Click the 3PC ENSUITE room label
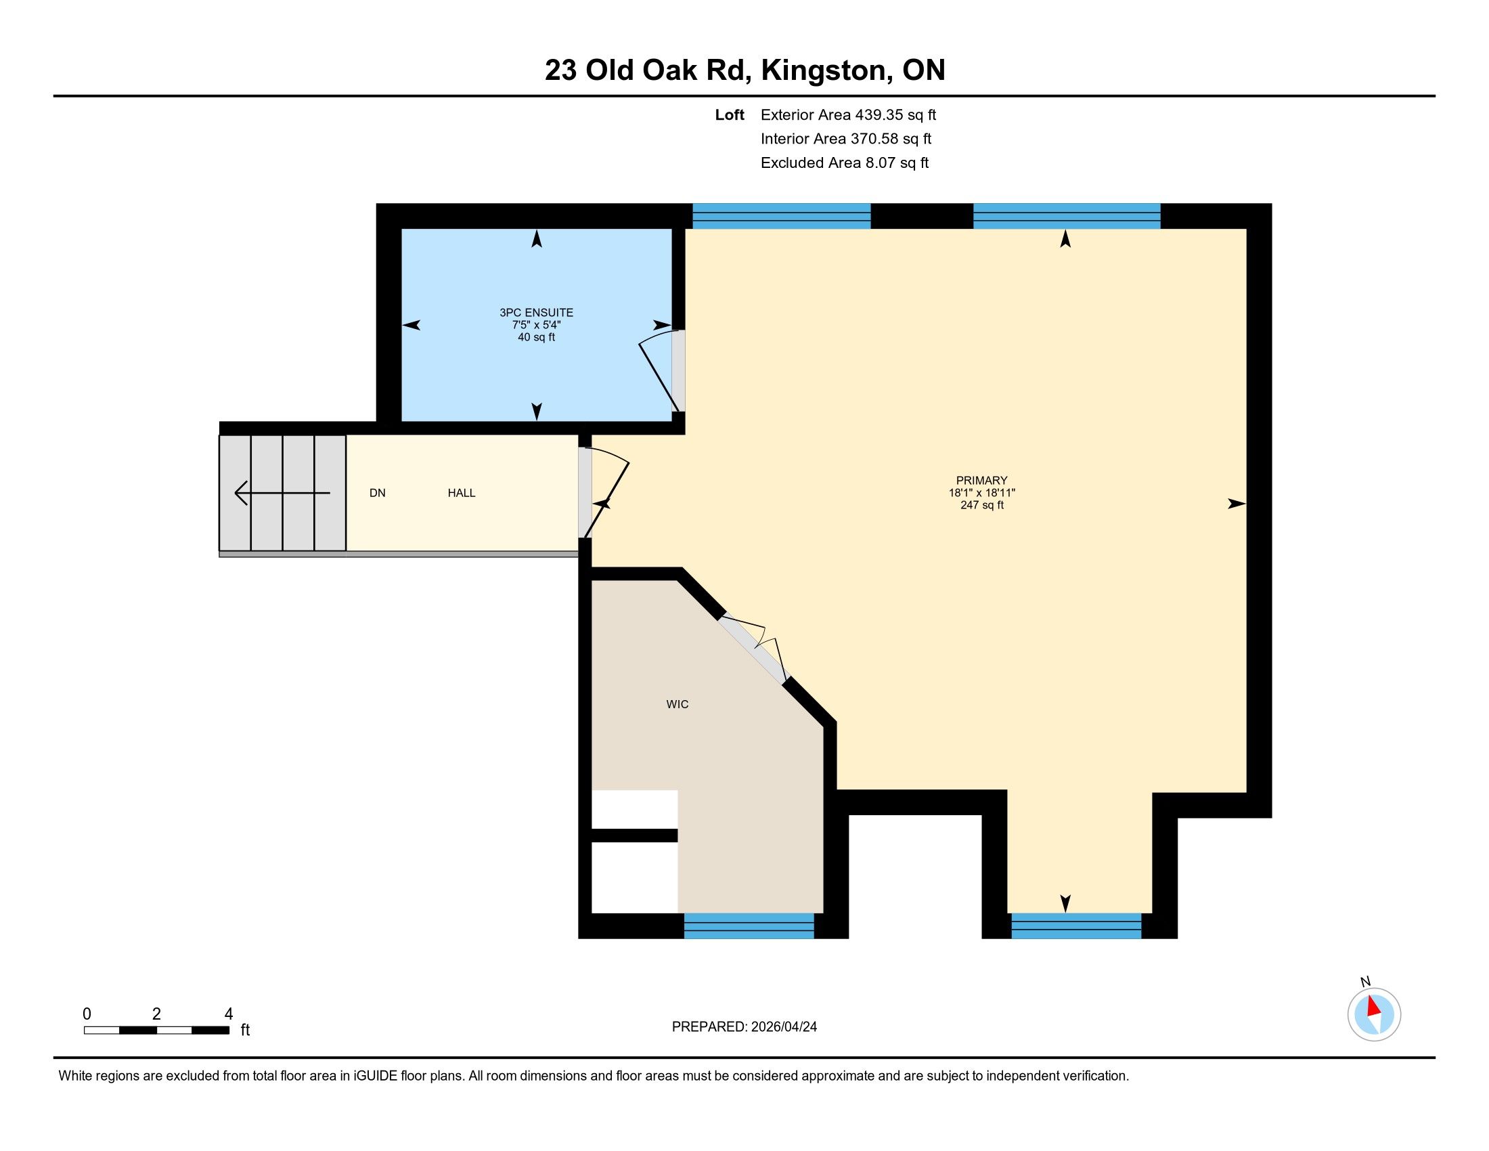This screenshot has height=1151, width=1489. (x=536, y=313)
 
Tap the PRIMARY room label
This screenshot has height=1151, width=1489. (x=982, y=481)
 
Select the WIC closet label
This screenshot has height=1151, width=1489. (x=677, y=704)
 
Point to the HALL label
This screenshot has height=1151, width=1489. (x=462, y=493)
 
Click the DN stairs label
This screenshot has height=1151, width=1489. (x=377, y=493)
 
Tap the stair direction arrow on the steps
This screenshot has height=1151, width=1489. (x=282, y=492)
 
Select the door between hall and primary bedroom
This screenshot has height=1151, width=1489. (x=604, y=492)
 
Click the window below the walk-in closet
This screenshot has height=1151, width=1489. (x=749, y=926)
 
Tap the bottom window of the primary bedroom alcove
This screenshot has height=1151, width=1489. (x=1076, y=926)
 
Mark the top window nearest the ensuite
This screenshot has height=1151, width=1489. (x=781, y=215)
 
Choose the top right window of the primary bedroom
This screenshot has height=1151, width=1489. (x=1066, y=215)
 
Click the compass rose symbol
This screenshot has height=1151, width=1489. (x=1374, y=1015)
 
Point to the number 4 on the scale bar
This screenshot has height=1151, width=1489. (x=228, y=1014)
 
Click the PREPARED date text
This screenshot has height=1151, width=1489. (x=744, y=1027)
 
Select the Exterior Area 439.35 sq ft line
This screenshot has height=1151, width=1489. (x=848, y=115)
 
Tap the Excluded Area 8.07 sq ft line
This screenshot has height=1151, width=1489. (x=845, y=163)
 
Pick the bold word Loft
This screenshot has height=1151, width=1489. (x=730, y=115)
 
